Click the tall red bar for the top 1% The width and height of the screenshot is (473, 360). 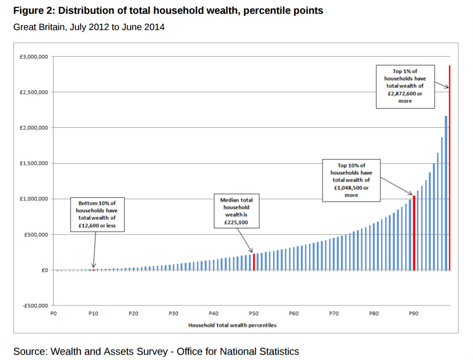pos(450,167)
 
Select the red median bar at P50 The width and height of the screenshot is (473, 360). pos(254,262)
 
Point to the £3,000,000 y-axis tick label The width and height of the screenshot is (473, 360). pos(33,56)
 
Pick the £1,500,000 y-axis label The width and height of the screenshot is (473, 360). pos(33,164)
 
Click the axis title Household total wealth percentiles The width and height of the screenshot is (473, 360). pos(232,325)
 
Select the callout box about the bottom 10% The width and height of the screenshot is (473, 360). pos(97,215)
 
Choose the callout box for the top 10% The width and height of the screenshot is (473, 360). pos(351,180)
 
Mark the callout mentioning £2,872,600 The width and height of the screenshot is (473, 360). pos(405,86)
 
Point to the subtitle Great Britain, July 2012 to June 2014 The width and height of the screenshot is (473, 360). pos(89,27)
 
